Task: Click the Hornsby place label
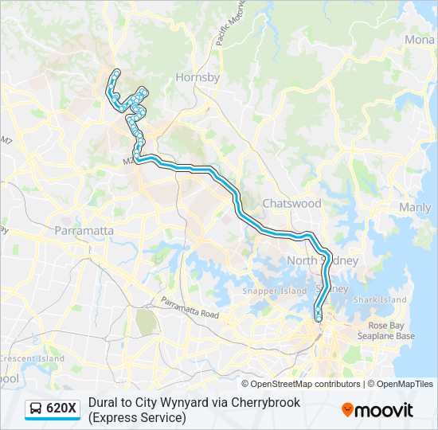pyautogui.click(x=197, y=78)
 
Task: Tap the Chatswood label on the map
pyautogui.click(x=291, y=203)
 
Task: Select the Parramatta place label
pyautogui.click(x=84, y=231)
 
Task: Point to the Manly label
pyautogui.click(x=414, y=208)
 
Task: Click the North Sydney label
pyautogui.click(x=323, y=261)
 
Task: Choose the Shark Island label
pyautogui.click(x=380, y=300)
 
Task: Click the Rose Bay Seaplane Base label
pyautogui.click(x=391, y=331)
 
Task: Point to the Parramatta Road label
pyautogui.click(x=190, y=308)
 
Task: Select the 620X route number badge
pyautogui.click(x=61, y=409)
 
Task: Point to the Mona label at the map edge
pyautogui.click(x=420, y=40)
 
